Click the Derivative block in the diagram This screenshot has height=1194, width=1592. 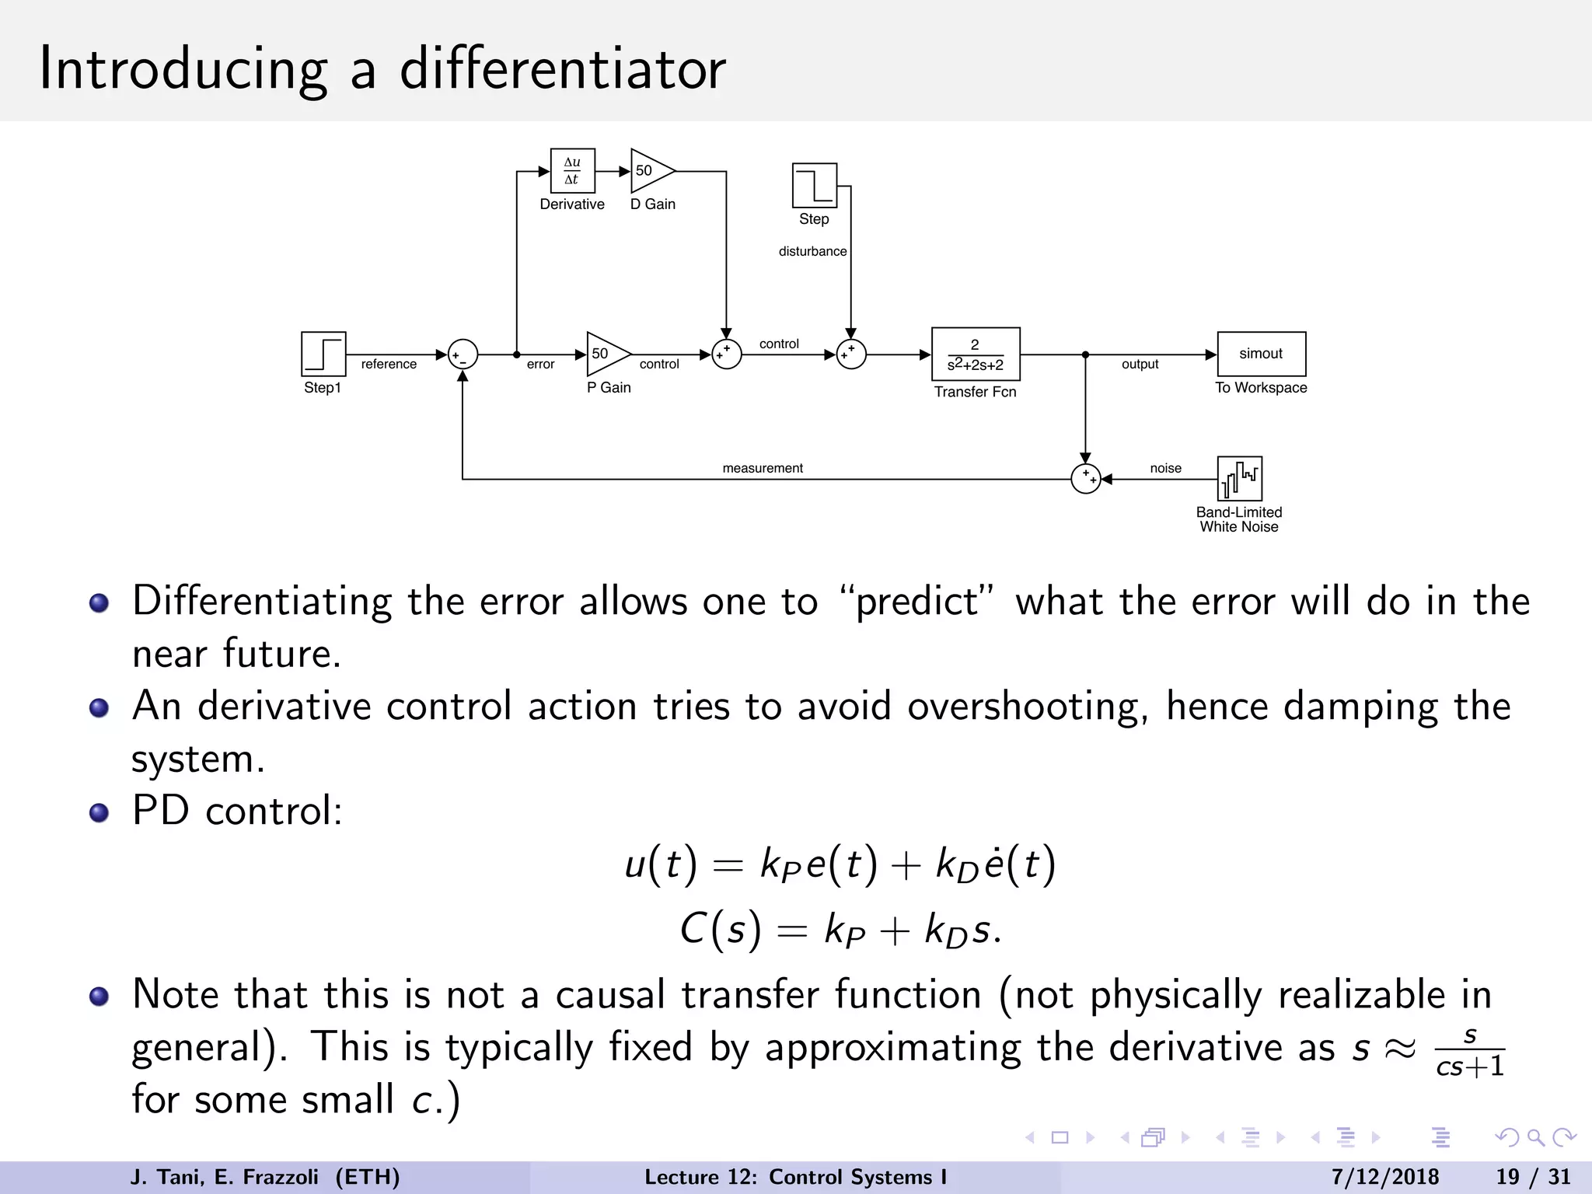pyautogui.click(x=572, y=170)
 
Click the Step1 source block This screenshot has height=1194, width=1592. pyautogui.click(x=323, y=354)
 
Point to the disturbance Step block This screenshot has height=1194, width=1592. pyautogui.click(x=814, y=185)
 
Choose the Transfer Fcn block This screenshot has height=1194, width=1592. pyautogui.click(x=976, y=354)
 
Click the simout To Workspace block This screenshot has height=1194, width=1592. pyautogui.click(x=1261, y=354)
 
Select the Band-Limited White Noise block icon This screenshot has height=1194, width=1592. pyautogui.click(x=1239, y=479)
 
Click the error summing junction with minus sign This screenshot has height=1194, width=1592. pyautogui.click(x=463, y=354)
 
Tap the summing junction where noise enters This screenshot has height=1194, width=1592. pyautogui.click(x=1085, y=479)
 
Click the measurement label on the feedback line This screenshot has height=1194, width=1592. pyautogui.click(x=762, y=468)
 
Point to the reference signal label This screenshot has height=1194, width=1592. pyautogui.click(x=389, y=364)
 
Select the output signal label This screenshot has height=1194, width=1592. pyautogui.click(x=1140, y=364)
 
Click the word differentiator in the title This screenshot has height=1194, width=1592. pyautogui.click(x=562, y=68)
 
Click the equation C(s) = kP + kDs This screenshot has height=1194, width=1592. pyautogui.click(x=841, y=929)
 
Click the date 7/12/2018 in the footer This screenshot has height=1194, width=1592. pyautogui.click(x=1384, y=1177)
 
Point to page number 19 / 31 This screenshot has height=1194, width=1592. pyautogui.click(x=1533, y=1177)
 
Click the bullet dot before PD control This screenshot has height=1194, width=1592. pyautogui.click(x=99, y=813)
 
